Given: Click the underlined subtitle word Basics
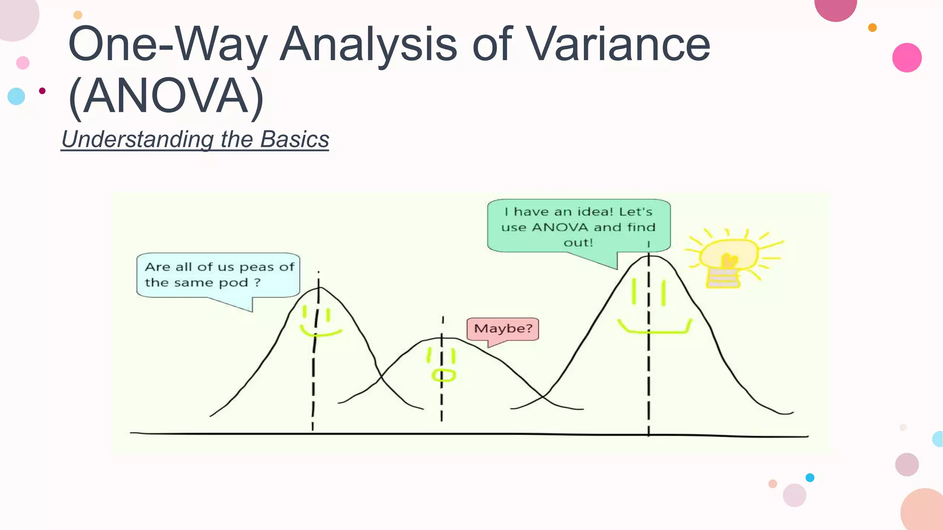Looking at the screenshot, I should coord(294,139).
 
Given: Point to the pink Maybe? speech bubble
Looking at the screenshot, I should coord(503,328).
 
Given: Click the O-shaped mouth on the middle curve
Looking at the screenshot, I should coord(443,375).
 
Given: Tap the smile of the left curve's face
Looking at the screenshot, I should coord(321,332).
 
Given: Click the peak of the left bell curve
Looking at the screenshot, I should coord(319,288).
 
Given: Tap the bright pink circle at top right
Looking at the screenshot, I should coord(907,58).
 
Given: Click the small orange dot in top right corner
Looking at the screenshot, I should coord(872,28).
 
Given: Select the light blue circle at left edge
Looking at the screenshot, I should coord(16,96).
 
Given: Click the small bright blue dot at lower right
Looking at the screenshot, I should coord(810,478).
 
